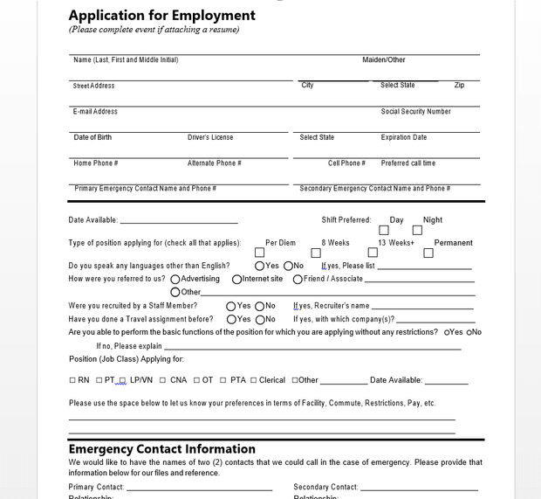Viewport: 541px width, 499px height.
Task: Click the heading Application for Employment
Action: [161, 15]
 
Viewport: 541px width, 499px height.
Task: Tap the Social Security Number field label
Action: [415, 112]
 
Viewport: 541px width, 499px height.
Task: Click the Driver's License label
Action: [210, 137]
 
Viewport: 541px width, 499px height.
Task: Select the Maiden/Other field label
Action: [384, 60]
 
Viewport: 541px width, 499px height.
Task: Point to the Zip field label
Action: [459, 86]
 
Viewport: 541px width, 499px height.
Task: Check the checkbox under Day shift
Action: [384, 231]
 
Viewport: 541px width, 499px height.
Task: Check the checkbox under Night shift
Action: [417, 231]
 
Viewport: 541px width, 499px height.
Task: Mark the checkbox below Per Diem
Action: [259, 253]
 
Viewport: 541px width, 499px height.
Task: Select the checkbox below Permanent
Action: [428, 253]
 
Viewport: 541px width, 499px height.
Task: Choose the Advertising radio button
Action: [175, 280]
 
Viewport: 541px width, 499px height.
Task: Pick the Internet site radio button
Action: [236, 280]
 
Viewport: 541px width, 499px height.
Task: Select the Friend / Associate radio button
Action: [298, 280]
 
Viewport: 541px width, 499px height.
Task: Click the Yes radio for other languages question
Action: [260, 266]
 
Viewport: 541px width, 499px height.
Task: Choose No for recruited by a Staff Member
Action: [259, 306]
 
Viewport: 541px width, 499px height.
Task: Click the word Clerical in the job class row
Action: [271, 380]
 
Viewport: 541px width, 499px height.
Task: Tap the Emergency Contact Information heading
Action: [161, 449]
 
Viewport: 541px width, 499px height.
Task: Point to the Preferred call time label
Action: [407, 163]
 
